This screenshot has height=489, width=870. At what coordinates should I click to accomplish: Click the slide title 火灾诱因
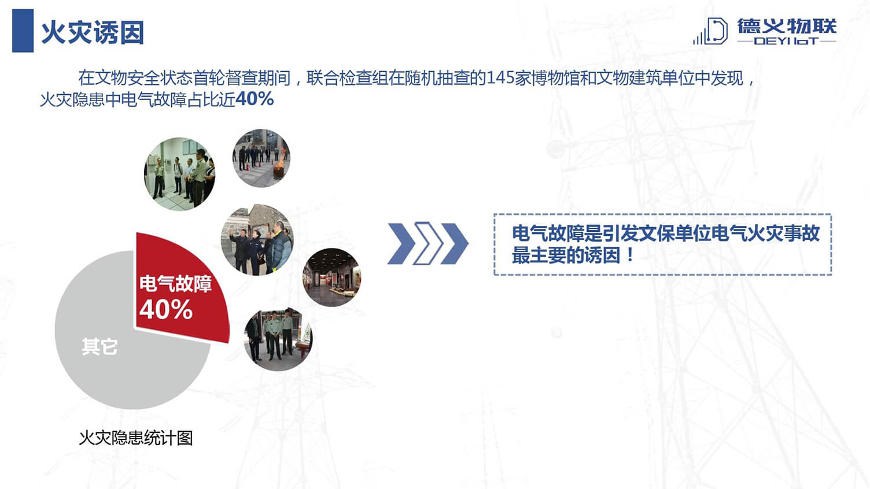pos(93,32)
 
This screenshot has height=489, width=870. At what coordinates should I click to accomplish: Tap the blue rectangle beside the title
pos(23,31)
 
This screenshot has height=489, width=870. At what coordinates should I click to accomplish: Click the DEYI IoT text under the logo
pos(786,40)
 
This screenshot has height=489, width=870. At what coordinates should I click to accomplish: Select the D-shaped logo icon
pos(711,31)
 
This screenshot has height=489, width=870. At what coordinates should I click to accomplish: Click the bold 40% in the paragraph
pos(255,99)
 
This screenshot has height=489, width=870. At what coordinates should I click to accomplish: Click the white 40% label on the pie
pos(166,310)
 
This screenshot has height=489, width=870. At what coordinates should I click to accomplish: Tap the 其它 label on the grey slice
pos(99,346)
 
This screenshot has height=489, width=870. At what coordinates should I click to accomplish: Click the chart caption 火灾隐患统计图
pos(135,438)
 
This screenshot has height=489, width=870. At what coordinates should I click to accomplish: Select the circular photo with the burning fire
pos(261,158)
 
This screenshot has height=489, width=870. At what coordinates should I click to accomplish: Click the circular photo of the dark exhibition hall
pos(331,277)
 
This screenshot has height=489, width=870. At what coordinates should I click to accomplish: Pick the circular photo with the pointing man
pos(257,240)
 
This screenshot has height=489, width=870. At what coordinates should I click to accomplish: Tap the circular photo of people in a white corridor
pos(179,174)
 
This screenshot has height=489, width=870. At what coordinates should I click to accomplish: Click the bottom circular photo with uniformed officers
pos(278,339)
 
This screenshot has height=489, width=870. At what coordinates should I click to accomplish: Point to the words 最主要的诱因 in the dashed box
pos(566,255)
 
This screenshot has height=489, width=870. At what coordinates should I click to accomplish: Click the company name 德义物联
pos(787,26)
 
